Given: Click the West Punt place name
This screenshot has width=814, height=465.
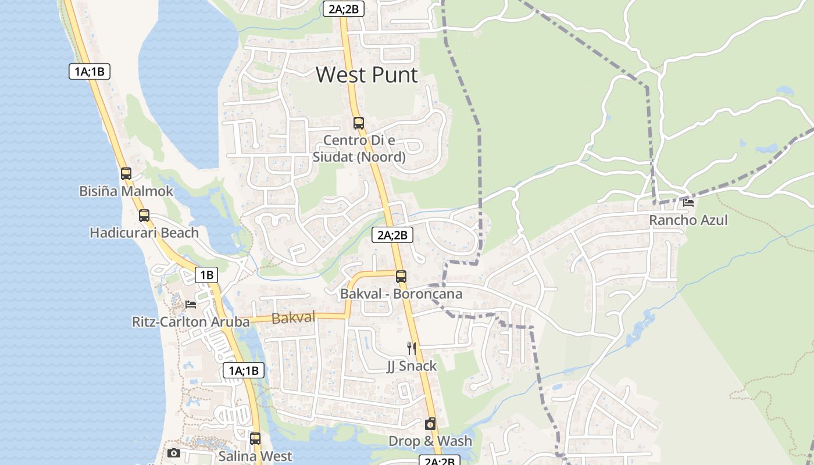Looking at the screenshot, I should pyautogui.click(x=366, y=75).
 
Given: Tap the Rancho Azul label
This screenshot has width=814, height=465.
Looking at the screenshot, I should pyautogui.click(x=688, y=220).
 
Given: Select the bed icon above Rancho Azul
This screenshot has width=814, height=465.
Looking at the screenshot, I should pyautogui.click(x=688, y=203).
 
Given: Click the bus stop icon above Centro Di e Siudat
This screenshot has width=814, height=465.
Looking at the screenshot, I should pyautogui.click(x=358, y=123).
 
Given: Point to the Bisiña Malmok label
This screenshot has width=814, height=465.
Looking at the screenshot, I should pyautogui.click(x=126, y=191).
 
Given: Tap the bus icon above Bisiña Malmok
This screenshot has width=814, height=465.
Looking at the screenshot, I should pyautogui.click(x=126, y=173).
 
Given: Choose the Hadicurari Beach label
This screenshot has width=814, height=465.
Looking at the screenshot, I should pyautogui.click(x=144, y=233).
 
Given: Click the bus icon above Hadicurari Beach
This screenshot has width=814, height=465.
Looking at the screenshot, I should pyautogui.click(x=144, y=216).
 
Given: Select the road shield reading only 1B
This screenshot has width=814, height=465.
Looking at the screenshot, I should pyautogui.click(x=206, y=275).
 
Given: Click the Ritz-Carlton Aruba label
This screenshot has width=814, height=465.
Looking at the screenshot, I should pyautogui.click(x=191, y=321).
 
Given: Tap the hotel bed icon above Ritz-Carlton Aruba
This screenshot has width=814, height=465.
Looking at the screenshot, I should pyautogui.click(x=191, y=304).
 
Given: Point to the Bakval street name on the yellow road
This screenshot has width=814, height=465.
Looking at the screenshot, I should pyautogui.click(x=293, y=317).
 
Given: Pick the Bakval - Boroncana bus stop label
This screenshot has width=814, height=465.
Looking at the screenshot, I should pyautogui.click(x=401, y=294).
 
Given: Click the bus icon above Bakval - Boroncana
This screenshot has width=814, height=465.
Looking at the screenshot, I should pyautogui.click(x=401, y=277).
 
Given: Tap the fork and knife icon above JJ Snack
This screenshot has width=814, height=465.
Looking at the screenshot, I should pyautogui.click(x=412, y=348).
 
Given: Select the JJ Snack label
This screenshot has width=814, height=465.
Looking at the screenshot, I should pyautogui.click(x=412, y=366).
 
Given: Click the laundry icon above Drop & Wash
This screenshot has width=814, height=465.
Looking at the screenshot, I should pyautogui.click(x=430, y=424).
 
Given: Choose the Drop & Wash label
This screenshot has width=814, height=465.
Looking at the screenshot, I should pyautogui.click(x=430, y=441).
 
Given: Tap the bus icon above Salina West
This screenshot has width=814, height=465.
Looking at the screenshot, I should pyautogui.click(x=255, y=439).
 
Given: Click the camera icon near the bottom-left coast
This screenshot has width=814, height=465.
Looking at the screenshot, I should pyautogui.click(x=173, y=453).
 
